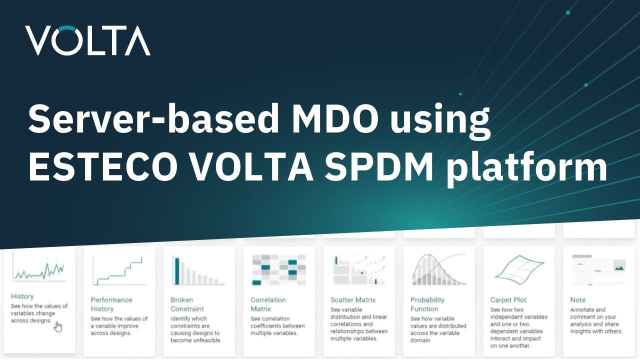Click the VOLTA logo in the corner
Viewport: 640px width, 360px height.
[x=87, y=40]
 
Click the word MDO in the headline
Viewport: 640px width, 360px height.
[x=335, y=118]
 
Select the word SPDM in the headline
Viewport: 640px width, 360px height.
[x=379, y=166]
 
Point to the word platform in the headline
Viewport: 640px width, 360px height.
[x=526, y=168]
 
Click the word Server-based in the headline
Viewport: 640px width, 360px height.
[x=153, y=118]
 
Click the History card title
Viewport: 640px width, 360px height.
[x=22, y=296]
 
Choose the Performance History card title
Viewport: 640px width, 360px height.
[x=111, y=304]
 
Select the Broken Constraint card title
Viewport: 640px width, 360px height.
[x=187, y=304]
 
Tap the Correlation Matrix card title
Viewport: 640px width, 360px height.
[x=268, y=304]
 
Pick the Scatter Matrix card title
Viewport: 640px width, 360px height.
[x=353, y=300]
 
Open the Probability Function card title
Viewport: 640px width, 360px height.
[x=427, y=304]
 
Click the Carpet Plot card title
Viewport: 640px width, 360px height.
[x=508, y=300]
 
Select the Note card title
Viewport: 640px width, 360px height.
[x=578, y=300]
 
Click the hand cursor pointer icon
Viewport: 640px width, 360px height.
[x=58, y=327]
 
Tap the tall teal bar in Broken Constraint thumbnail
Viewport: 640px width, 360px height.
[x=177, y=271]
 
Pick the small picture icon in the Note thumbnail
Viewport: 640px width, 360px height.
[x=619, y=265]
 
